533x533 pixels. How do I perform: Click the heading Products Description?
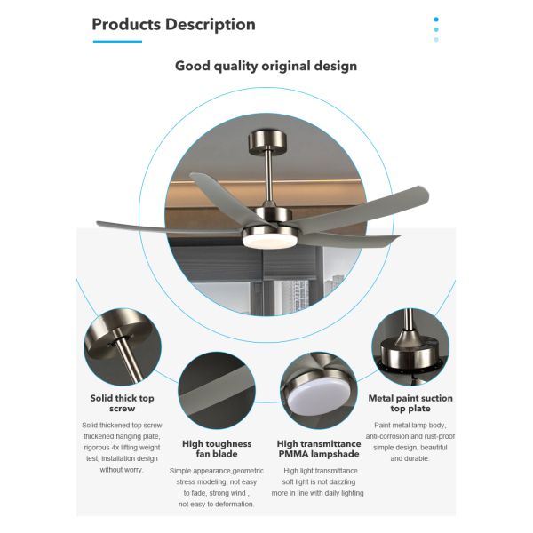click(173, 25)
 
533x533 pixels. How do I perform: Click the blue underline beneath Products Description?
click(117, 42)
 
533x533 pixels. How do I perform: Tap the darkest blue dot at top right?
click(436, 20)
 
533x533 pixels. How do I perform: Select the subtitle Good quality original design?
click(266, 66)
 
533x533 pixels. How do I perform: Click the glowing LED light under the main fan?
click(269, 241)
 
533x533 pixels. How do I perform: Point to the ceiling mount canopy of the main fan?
click(267, 140)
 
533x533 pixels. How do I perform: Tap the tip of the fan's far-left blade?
click(97, 223)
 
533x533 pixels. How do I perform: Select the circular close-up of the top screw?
click(123, 347)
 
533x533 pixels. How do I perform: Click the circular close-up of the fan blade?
click(217, 391)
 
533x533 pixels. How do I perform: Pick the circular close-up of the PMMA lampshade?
click(319, 391)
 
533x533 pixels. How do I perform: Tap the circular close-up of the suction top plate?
click(410, 347)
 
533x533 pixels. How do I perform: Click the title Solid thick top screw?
click(123, 403)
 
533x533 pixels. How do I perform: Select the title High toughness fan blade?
click(217, 449)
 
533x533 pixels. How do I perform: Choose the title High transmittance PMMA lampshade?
click(319, 449)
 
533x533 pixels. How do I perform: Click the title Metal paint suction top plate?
click(410, 403)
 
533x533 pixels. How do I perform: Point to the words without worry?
click(122, 470)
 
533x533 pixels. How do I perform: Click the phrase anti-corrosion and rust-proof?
click(410, 436)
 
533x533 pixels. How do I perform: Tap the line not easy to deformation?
click(216, 504)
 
